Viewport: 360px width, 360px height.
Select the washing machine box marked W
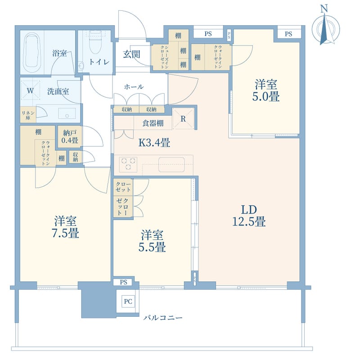click(31, 90)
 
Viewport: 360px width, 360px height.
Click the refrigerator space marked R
click(183, 119)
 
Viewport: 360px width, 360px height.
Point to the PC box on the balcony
click(128, 301)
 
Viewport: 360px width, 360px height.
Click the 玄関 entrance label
click(131, 54)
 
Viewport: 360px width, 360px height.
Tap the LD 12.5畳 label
click(249, 216)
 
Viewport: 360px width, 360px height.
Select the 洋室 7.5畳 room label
click(65, 227)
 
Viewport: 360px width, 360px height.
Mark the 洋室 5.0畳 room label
click(266, 90)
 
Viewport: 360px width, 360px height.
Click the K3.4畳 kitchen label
click(154, 143)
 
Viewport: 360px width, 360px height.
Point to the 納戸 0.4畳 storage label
click(70, 136)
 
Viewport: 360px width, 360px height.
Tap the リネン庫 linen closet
click(28, 115)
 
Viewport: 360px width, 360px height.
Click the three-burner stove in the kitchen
click(128, 164)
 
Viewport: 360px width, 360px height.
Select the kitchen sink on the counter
click(171, 164)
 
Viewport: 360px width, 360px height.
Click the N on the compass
click(324, 9)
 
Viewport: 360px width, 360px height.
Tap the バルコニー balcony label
click(163, 318)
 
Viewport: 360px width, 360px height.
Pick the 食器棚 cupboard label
click(153, 123)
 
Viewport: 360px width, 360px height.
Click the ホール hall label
click(134, 86)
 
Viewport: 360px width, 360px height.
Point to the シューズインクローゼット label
click(164, 57)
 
